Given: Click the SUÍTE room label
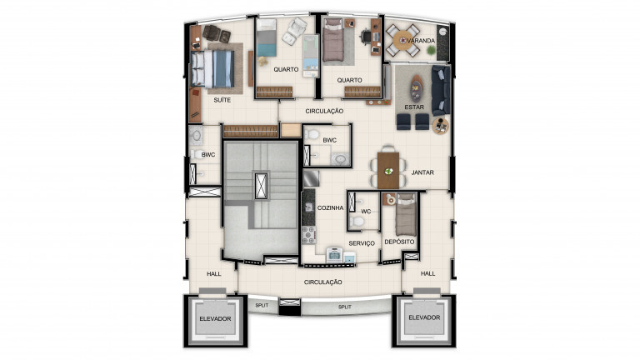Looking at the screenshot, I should (x=222, y=99).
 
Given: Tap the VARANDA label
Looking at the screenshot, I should (x=421, y=40).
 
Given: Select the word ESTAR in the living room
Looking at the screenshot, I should (x=414, y=107).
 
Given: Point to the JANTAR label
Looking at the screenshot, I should (x=423, y=172).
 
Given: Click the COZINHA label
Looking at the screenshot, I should (x=330, y=208).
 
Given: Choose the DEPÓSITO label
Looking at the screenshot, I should (x=400, y=242).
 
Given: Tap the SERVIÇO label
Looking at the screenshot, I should (x=362, y=242).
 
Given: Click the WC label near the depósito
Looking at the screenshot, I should (x=365, y=211).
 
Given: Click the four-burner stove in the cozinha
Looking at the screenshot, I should (x=308, y=234).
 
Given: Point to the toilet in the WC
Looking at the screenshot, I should (x=357, y=221).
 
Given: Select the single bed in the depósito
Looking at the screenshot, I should (x=405, y=213).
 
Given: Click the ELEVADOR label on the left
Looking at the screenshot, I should (x=215, y=319).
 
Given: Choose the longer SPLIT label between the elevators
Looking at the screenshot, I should (x=344, y=307).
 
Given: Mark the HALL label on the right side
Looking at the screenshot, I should (x=427, y=273).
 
